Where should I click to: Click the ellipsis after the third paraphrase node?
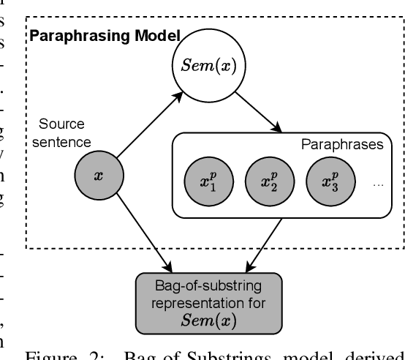[377, 186]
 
